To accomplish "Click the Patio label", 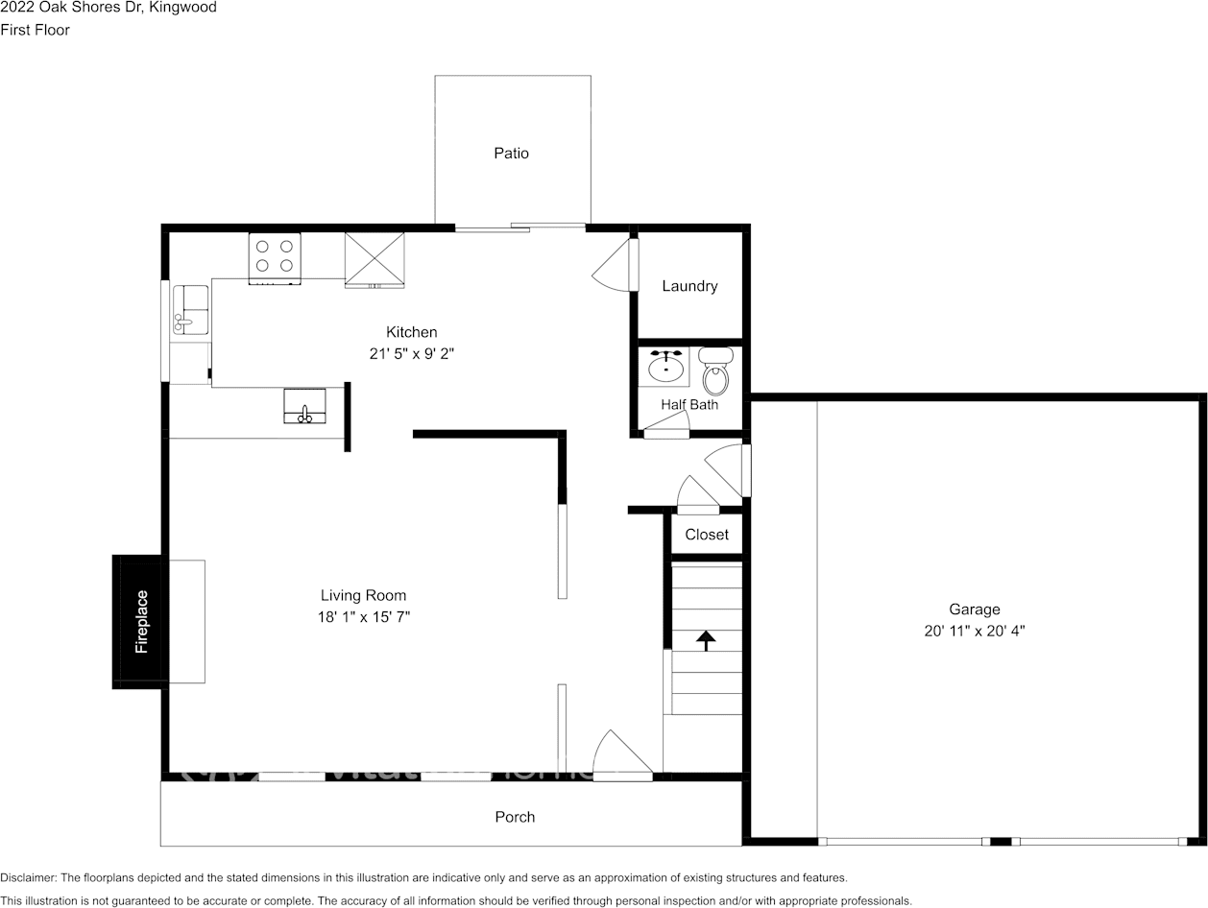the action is [511, 153].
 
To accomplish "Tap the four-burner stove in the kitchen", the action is [275, 258].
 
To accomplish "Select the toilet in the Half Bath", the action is [715, 371].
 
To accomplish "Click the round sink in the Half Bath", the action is [666, 367].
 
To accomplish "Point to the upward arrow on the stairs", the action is [706, 641].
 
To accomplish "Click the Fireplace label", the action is [142, 621].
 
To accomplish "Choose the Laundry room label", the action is [689, 286].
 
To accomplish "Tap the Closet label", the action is [707, 534].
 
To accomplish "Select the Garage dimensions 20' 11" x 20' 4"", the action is [974, 631].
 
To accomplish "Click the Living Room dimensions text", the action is [364, 616].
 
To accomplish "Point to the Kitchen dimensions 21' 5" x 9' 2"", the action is [412, 353].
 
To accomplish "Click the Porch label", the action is [515, 817].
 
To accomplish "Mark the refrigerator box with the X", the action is [374, 259].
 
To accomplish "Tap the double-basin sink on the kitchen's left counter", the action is [190, 310].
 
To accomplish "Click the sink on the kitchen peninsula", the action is [305, 406].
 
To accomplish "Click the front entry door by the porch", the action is [622, 754].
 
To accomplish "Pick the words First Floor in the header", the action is [36, 30].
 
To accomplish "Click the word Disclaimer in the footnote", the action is [28, 877].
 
